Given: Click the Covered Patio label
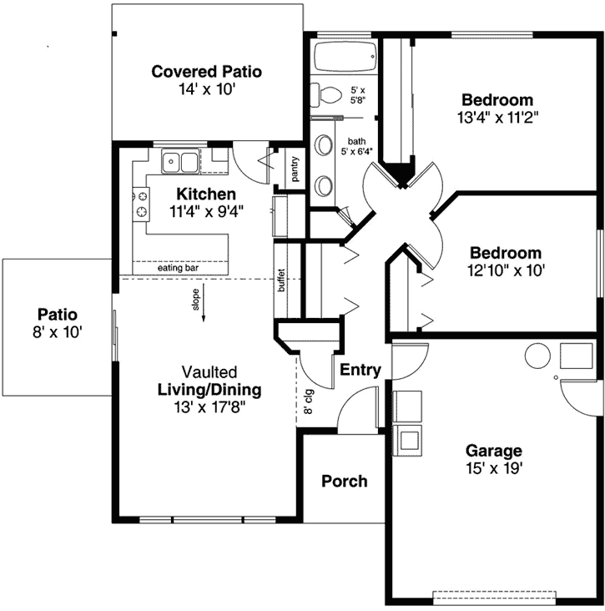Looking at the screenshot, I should click(x=206, y=72).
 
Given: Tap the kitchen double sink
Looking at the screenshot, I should click(x=180, y=161).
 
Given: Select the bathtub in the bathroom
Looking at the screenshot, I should click(x=342, y=59).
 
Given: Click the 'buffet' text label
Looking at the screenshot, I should click(x=281, y=280).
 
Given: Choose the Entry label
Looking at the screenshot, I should click(x=360, y=370).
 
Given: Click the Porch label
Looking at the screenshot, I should click(x=344, y=481).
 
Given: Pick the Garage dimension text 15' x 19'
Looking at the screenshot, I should click(x=494, y=468).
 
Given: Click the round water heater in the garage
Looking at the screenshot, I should click(x=537, y=356).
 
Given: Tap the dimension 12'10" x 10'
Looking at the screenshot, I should click(x=505, y=270).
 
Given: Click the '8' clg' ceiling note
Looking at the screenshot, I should click(x=308, y=400).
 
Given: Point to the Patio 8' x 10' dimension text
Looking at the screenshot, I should click(x=58, y=332).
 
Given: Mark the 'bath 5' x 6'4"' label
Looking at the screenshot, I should click(x=356, y=147).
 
